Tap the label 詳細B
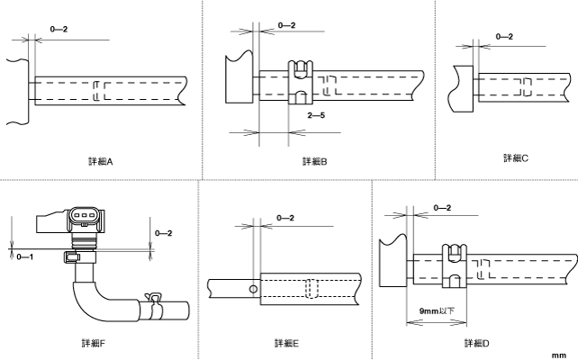click(314, 162)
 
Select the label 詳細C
click(516, 157)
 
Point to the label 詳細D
click(476, 343)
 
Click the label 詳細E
click(287, 343)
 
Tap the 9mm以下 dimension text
click(438, 309)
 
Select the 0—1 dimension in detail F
click(25, 256)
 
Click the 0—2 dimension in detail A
click(59, 31)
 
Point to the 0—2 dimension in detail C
click(505, 36)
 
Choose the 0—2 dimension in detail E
click(285, 217)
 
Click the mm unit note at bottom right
click(559, 355)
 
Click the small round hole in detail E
click(255, 289)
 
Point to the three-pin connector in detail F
click(85, 217)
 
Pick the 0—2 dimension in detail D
click(443, 208)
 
